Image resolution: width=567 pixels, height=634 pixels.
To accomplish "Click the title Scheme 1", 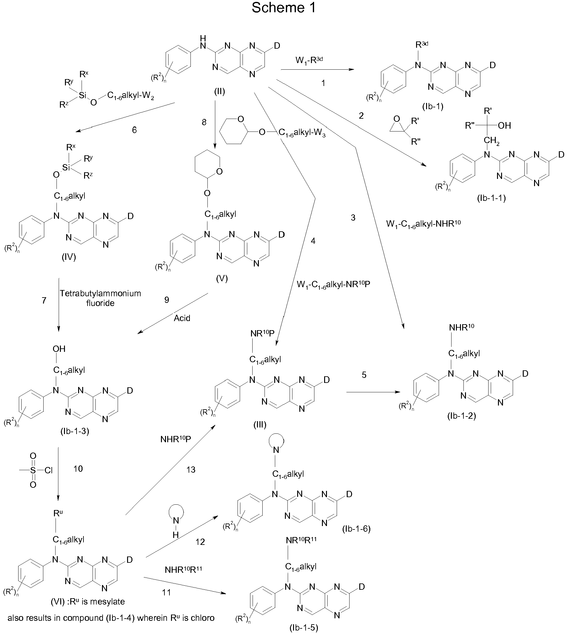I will click(283, 8).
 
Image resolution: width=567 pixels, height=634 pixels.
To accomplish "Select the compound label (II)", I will click(219, 92).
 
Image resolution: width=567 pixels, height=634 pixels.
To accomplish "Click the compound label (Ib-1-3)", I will click(75, 431).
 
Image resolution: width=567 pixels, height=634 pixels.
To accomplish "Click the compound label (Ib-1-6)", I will click(356, 529).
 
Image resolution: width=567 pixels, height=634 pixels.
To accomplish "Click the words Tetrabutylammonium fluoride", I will click(100, 298).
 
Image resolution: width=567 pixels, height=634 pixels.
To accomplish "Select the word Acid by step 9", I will click(182, 318).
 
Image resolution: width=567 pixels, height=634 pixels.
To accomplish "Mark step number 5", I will click(364, 375).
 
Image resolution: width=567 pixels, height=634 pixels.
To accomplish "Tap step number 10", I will click(78, 469).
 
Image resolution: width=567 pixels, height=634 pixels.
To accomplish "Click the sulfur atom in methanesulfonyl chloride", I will click(33, 470).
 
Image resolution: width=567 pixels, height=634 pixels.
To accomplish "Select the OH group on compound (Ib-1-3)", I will click(59, 349).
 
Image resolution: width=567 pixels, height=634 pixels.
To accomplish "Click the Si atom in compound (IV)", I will click(66, 168).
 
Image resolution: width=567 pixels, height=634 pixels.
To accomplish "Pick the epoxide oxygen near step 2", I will click(397, 119).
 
